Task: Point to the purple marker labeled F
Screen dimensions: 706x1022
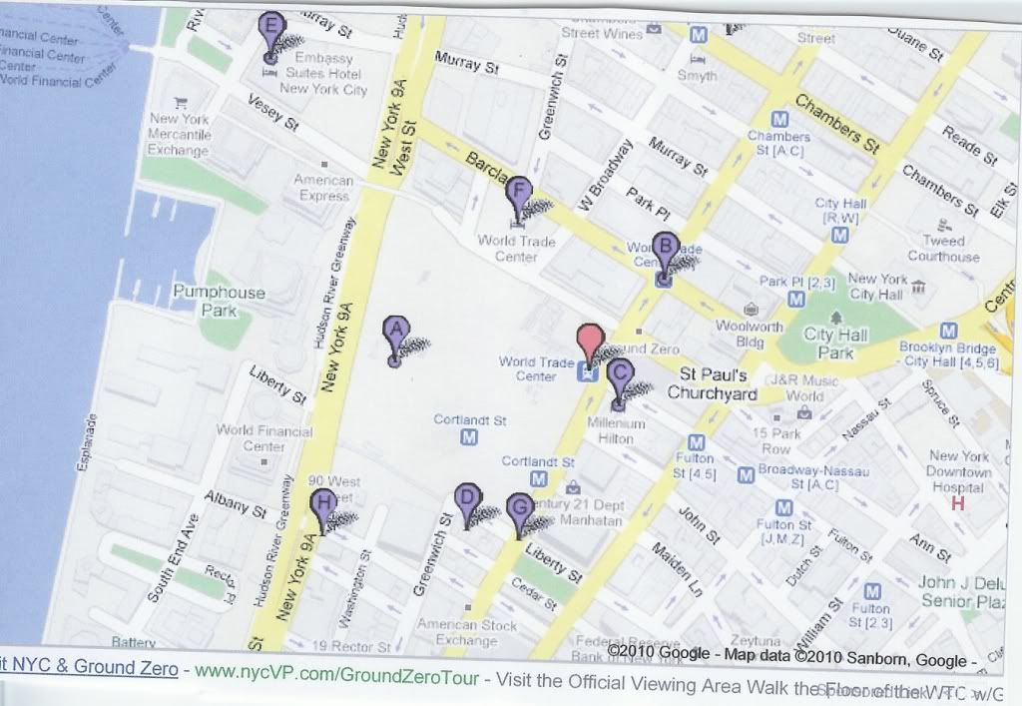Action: click(518, 195)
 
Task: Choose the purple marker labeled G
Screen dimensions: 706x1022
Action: click(519, 510)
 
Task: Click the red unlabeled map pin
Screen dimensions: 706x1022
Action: click(591, 343)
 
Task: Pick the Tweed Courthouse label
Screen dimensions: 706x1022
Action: click(944, 249)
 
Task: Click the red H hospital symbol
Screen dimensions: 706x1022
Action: click(958, 504)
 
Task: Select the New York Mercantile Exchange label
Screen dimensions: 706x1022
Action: click(180, 134)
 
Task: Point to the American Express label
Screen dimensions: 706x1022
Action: click(324, 188)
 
